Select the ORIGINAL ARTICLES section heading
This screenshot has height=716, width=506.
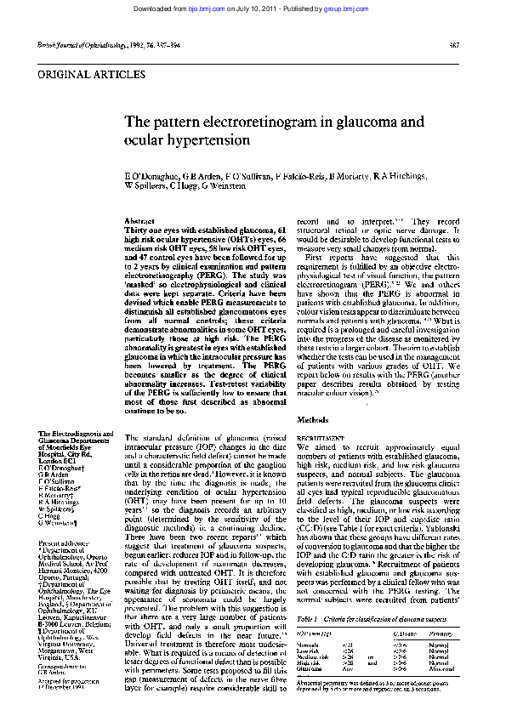coord(86,76)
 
